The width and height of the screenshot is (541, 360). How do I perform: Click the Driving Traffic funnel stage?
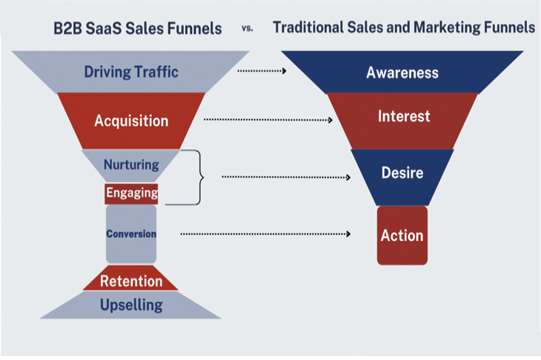pyautogui.click(x=131, y=73)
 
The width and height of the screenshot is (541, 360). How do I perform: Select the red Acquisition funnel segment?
pyautogui.click(x=131, y=120)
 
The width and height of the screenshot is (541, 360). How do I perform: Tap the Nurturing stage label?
pyautogui.click(x=131, y=164)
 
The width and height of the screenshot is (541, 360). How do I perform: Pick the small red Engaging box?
pyautogui.click(x=131, y=193)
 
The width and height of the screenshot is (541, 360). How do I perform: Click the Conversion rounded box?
pyautogui.click(x=131, y=234)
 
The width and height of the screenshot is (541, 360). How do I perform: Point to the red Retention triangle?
pyautogui.click(x=131, y=281)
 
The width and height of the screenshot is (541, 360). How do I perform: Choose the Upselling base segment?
pyautogui.click(x=131, y=304)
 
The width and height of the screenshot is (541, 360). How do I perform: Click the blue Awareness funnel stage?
pyautogui.click(x=402, y=73)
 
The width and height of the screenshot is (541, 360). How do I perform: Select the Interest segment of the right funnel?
pyautogui.click(x=402, y=117)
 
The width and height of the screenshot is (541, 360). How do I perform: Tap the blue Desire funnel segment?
pyautogui.click(x=402, y=174)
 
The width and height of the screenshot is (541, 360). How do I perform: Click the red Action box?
pyautogui.click(x=402, y=236)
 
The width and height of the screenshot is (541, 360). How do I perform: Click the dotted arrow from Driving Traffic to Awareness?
pyautogui.click(x=262, y=71)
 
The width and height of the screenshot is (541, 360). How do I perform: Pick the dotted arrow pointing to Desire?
pyautogui.click(x=285, y=177)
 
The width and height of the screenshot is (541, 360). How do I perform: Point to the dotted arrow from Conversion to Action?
pyautogui.click(x=265, y=234)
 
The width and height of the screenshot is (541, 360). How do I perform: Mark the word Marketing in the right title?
pyautogui.click(x=448, y=28)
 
